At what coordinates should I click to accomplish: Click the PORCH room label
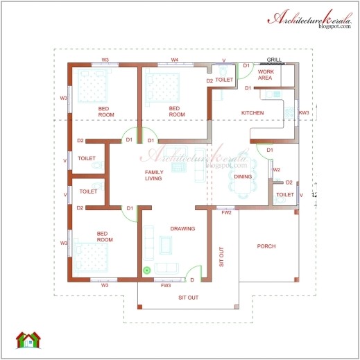266,246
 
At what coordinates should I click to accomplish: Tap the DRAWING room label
182,228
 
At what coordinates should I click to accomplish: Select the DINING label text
243,177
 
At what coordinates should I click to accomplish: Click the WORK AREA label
265,75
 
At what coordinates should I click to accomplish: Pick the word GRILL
274,60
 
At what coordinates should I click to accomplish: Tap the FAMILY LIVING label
153,175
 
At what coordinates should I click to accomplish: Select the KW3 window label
304,112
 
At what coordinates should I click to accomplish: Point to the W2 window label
276,169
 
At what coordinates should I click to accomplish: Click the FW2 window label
227,212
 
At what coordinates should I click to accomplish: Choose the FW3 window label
166,285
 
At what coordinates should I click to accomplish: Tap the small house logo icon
28,340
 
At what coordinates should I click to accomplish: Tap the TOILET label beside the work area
224,80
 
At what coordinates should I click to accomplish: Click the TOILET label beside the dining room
285,195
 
